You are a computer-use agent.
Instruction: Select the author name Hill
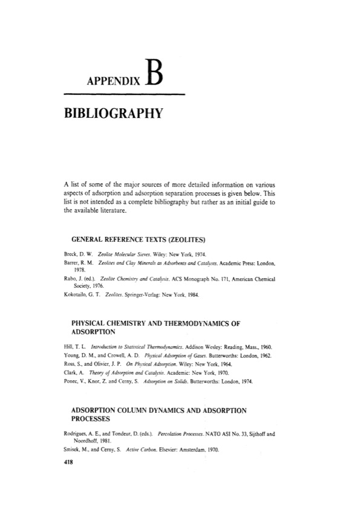pos(68,348)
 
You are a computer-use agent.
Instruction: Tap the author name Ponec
pos(72,383)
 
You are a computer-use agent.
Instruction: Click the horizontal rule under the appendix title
pos(123,94)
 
